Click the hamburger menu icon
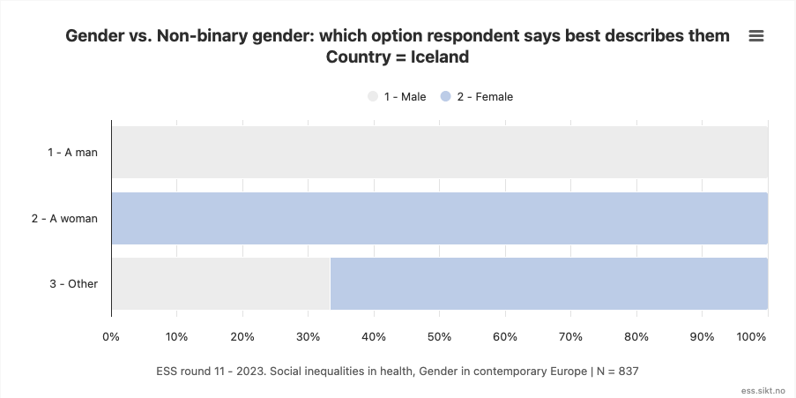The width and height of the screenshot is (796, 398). click(755, 36)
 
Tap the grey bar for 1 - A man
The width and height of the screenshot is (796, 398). click(439, 152)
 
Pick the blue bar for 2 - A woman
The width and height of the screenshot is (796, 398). click(439, 218)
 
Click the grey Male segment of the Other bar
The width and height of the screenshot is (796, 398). click(220, 284)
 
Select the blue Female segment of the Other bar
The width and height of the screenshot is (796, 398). click(548, 284)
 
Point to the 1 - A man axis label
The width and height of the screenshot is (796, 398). click(72, 152)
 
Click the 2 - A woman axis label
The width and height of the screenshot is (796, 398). click(64, 218)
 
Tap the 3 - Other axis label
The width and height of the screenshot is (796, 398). click(74, 284)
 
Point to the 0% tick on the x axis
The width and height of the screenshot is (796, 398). click(111, 337)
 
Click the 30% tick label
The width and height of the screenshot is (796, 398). click(308, 337)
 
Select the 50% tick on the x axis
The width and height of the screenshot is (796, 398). click(439, 337)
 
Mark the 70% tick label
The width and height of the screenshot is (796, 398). click(570, 337)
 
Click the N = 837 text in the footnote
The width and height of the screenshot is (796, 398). click(617, 372)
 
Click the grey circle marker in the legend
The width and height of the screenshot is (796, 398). click(373, 97)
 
